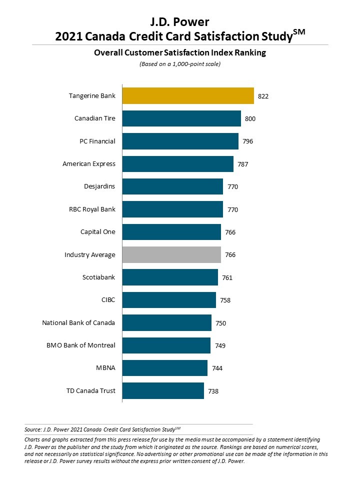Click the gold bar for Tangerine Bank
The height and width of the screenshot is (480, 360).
188,95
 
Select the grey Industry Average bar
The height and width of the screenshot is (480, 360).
171,254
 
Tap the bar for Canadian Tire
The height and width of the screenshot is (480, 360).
181,118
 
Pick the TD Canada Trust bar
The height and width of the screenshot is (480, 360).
163,390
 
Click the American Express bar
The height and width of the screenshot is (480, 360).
177,163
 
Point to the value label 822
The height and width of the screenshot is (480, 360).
263,96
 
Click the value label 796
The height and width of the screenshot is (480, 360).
248,141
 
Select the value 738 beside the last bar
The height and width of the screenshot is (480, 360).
213,391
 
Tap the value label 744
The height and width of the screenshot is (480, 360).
217,368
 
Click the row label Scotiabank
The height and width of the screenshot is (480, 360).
99,277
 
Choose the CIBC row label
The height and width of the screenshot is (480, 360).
108,300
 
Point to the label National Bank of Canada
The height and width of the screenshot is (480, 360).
78,322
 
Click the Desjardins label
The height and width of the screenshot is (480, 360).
99,186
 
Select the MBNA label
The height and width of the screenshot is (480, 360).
105,368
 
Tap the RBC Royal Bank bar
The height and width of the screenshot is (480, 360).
172,209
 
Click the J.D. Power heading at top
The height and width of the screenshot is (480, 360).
180,22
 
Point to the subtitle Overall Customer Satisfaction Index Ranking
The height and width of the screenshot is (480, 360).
180,52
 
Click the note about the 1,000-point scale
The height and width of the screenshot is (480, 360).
180,64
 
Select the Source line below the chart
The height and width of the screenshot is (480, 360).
102,429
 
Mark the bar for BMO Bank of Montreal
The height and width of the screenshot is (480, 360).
166,345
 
